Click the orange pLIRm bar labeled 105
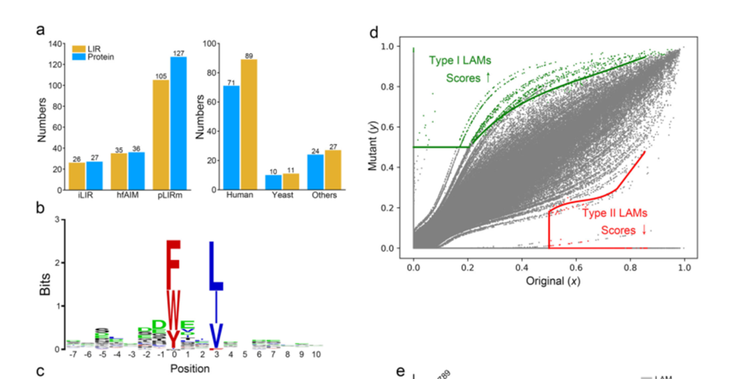pyautogui.click(x=161, y=135)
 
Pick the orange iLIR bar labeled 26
pyautogui.click(x=77, y=176)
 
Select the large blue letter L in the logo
pyautogui.click(x=216, y=267)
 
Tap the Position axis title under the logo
pyautogui.click(x=190, y=369)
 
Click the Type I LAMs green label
pyautogui.click(x=460, y=60)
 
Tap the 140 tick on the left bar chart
pyautogui.click(x=55, y=43)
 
